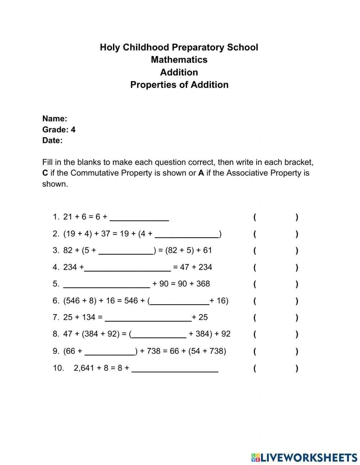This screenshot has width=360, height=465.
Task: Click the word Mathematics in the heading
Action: click(179, 59)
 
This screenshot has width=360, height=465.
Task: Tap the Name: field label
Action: click(55, 119)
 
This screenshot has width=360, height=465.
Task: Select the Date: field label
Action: click(52, 140)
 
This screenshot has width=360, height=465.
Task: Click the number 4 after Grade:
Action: click(73, 130)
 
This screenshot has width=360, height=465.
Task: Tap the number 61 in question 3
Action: click(207, 250)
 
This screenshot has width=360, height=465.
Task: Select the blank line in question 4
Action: click(127, 267)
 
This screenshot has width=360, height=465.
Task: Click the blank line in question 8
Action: click(159, 334)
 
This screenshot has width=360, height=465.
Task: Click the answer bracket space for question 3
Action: click(275, 251)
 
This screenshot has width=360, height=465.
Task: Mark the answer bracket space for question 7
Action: click(275, 318)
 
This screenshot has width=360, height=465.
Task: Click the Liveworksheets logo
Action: click(304, 457)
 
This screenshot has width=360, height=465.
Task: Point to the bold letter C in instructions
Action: click(45, 173)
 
